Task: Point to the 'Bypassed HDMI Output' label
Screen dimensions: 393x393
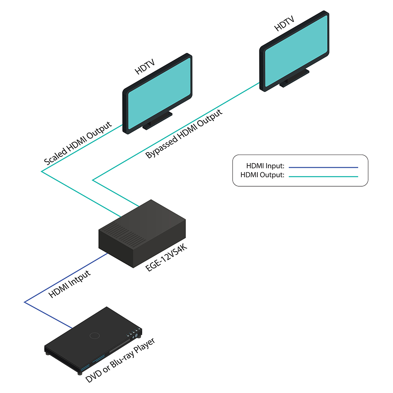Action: click(184, 134)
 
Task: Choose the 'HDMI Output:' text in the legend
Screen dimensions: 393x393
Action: click(262, 176)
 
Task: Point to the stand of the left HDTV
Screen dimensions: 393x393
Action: click(158, 120)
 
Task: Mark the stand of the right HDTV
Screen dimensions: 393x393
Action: click(294, 77)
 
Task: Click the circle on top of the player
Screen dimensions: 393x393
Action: click(94, 335)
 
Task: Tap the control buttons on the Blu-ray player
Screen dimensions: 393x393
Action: click(133, 334)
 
